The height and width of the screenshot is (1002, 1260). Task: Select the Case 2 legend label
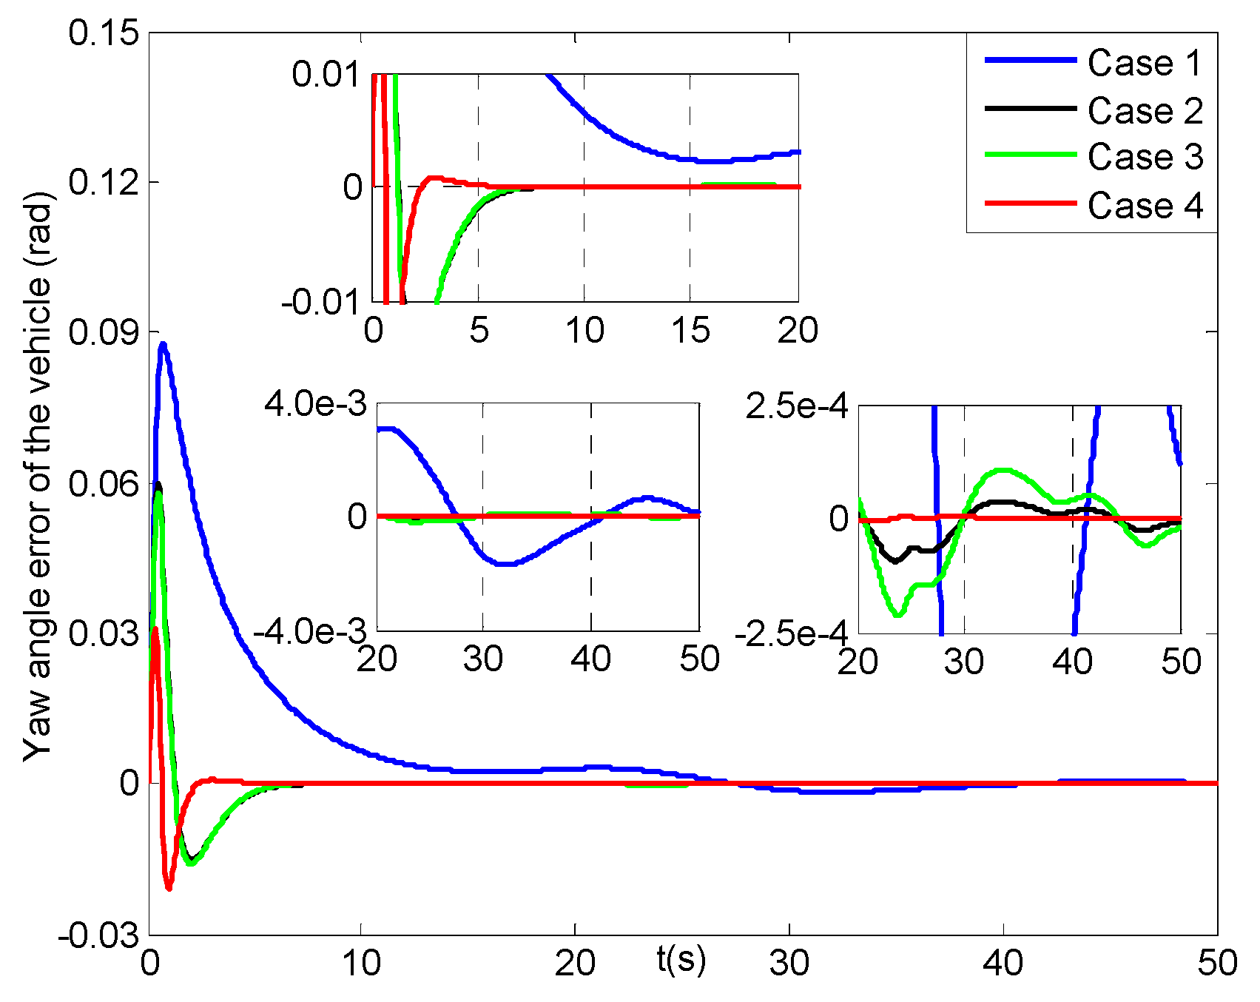click(x=1145, y=111)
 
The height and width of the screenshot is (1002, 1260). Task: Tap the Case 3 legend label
click(x=1145, y=158)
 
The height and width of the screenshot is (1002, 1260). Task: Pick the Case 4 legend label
click(x=1145, y=206)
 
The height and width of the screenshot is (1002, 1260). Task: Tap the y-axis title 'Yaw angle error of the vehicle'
click(x=37, y=477)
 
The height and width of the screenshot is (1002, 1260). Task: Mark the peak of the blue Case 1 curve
click(x=163, y=344)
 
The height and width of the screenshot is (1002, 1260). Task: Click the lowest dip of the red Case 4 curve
click(x=169, y=887)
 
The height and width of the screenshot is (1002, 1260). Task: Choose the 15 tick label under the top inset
click(x=690, y=330)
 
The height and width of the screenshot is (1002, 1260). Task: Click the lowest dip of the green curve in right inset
click(x=897, y=614)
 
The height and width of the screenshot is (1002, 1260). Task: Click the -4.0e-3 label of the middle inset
click(x=309, y=633)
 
